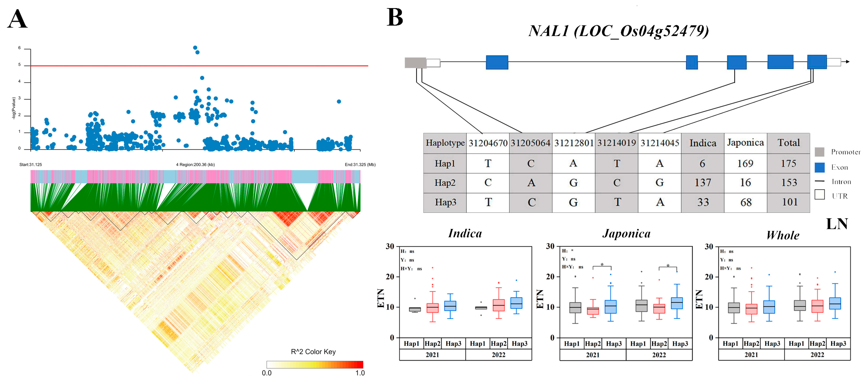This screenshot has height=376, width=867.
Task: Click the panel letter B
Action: coord(395,18)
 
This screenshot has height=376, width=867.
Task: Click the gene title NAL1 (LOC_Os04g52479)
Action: coord(619,31)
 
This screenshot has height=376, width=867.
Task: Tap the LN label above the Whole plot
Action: coord(837,224)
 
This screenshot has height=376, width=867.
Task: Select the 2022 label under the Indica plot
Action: coord(498,355)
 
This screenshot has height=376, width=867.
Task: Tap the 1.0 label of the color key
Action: coord(360,373)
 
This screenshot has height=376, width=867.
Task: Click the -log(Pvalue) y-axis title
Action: coord(14,108)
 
